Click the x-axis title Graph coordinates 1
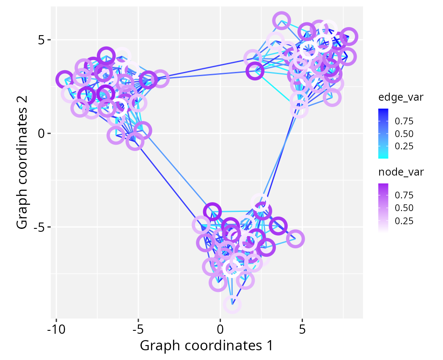206,345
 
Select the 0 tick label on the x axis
220,328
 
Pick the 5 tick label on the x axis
302,328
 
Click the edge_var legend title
401,98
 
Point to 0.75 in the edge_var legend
404,121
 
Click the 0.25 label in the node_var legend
404,221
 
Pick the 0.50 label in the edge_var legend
404,134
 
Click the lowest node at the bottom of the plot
232,304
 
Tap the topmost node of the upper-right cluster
281,20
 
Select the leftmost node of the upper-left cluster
64,79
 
